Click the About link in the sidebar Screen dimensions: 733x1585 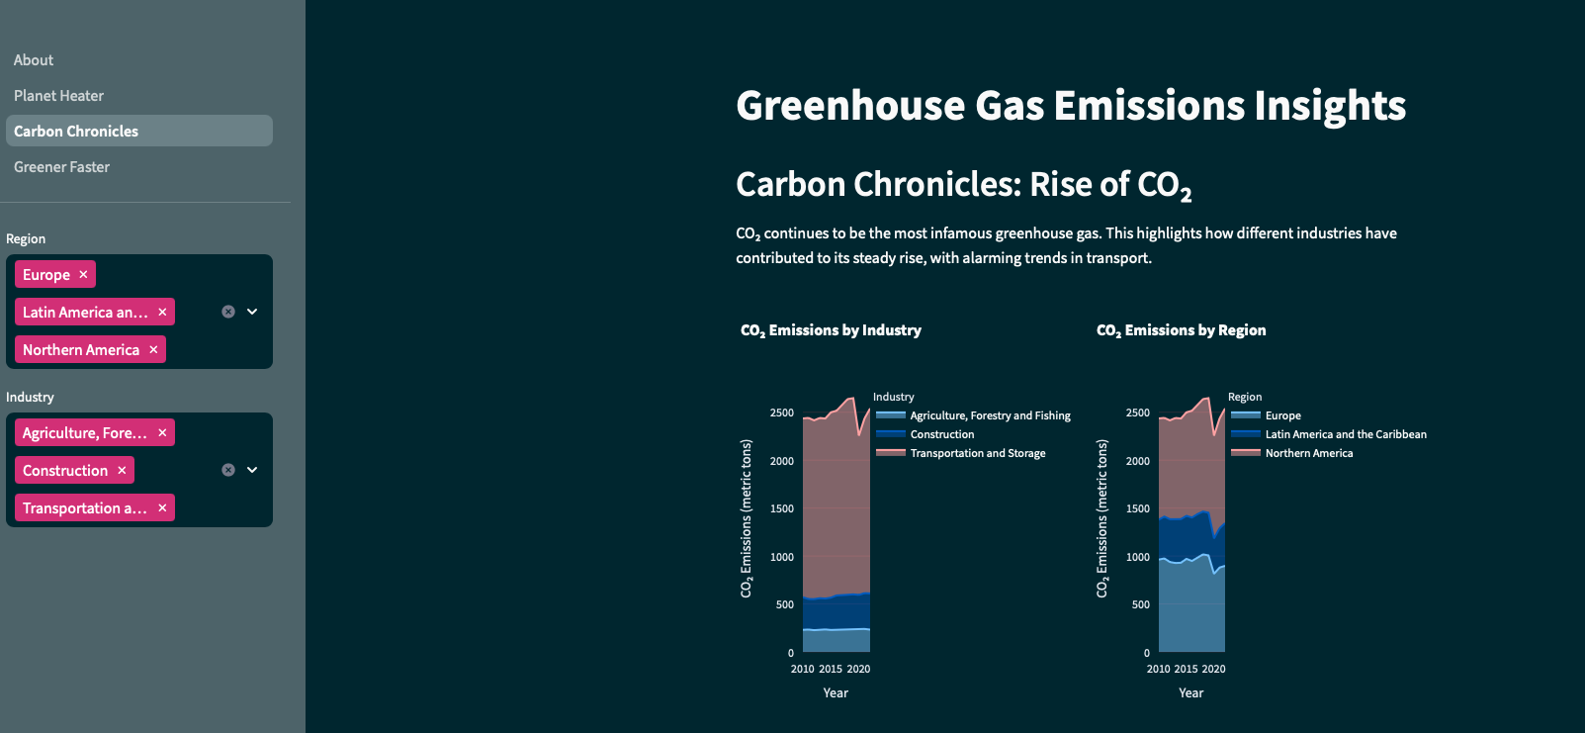tap(34, 60)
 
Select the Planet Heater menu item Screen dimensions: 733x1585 tap(58, 96)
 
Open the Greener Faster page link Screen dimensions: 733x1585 tap(61, 167)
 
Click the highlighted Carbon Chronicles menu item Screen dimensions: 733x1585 tap(76, 132)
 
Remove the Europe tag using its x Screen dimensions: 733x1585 tap(83, 274)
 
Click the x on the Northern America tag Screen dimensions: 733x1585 tap(153, 349)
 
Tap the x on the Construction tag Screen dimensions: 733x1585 tap(122, 470)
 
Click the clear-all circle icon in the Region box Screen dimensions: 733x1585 tap(228, 312)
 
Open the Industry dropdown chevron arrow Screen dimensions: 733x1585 tap(252, 470)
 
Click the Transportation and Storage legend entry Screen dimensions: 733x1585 tap(977, 453)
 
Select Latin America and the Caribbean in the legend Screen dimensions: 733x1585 tap(1345, 434)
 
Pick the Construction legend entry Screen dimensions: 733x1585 tap(941, 434)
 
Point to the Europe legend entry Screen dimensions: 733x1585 tap(1282, 415)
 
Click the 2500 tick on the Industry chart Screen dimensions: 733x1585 tap(782, 412)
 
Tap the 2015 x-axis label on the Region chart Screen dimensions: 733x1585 tap(1186, 669)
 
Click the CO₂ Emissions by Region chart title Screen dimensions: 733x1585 tap(1181, 330)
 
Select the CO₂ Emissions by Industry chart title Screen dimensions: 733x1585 tap(831, 330)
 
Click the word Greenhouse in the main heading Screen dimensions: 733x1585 tap(850, 106)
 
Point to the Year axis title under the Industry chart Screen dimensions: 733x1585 tap(836, 692)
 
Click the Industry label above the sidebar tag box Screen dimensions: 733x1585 tap(30, 397)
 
